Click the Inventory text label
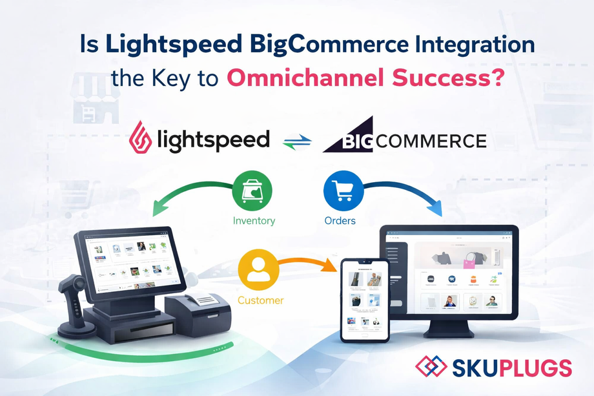click(254, 221)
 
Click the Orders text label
click(340, 221)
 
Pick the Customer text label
click(260, 300)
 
